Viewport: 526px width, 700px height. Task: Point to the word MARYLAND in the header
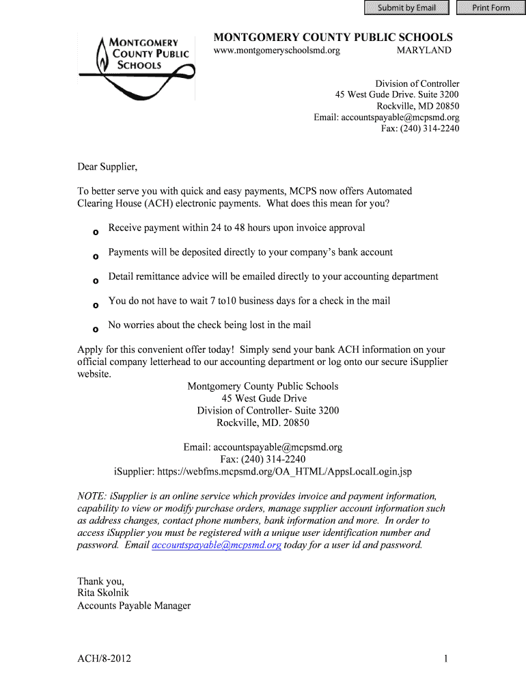coord(424,51)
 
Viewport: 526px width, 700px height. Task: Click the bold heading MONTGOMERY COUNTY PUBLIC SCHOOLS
coord(333,37)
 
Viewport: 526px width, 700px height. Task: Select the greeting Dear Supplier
coord(107,166)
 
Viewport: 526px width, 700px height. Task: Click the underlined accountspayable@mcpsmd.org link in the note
coord(217,545)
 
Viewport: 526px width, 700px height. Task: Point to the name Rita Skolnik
coord(103,593)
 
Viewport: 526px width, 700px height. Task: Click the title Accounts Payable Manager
coord(134,605)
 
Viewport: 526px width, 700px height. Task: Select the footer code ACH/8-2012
coord(105,659)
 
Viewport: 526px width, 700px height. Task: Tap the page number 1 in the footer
coord(445,659)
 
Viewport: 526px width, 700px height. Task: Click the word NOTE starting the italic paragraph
coord(91,496)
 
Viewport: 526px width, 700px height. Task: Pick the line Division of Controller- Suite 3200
coord(268,410)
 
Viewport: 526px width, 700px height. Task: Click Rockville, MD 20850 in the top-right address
coord(417,106)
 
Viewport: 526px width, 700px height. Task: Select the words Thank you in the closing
coord(100,581)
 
